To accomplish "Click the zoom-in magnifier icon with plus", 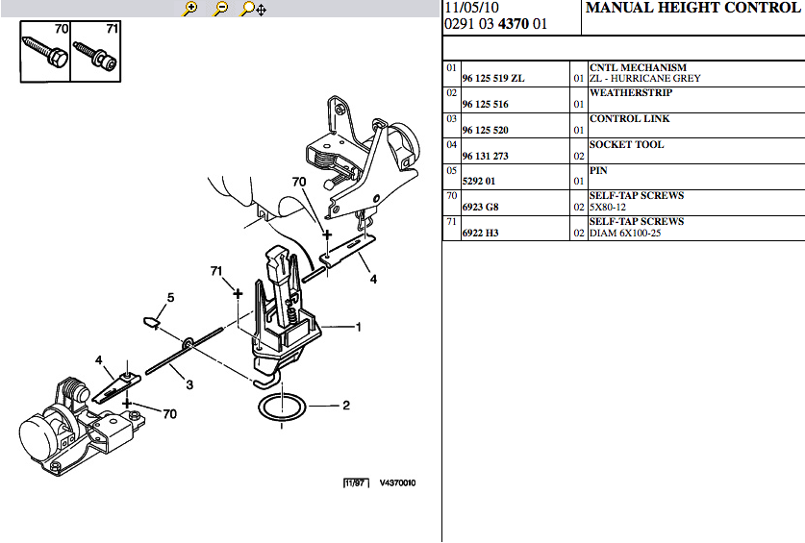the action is pos(190,9).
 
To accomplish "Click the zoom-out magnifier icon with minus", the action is pos(220,9).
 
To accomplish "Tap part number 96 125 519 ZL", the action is pos(492,79).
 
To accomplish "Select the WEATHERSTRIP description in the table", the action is pos(631,93).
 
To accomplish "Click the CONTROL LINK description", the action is pos(629,118).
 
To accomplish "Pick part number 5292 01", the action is pos(479,182).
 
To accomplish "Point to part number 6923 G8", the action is pos(480,207).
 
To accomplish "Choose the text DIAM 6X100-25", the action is pos(625,233).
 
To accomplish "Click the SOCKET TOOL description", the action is pos(626,145).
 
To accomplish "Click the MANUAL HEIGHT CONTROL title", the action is pos(692,8).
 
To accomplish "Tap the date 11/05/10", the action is pos(471,8).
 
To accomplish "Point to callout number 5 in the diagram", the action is pos(170,298).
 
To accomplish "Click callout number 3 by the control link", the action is pos(189,384).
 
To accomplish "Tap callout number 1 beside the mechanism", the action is pos(359,327).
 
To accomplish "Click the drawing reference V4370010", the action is pos(397,483).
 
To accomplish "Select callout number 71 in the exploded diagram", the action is pos(216,270).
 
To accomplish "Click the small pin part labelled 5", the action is pos(150,322).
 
